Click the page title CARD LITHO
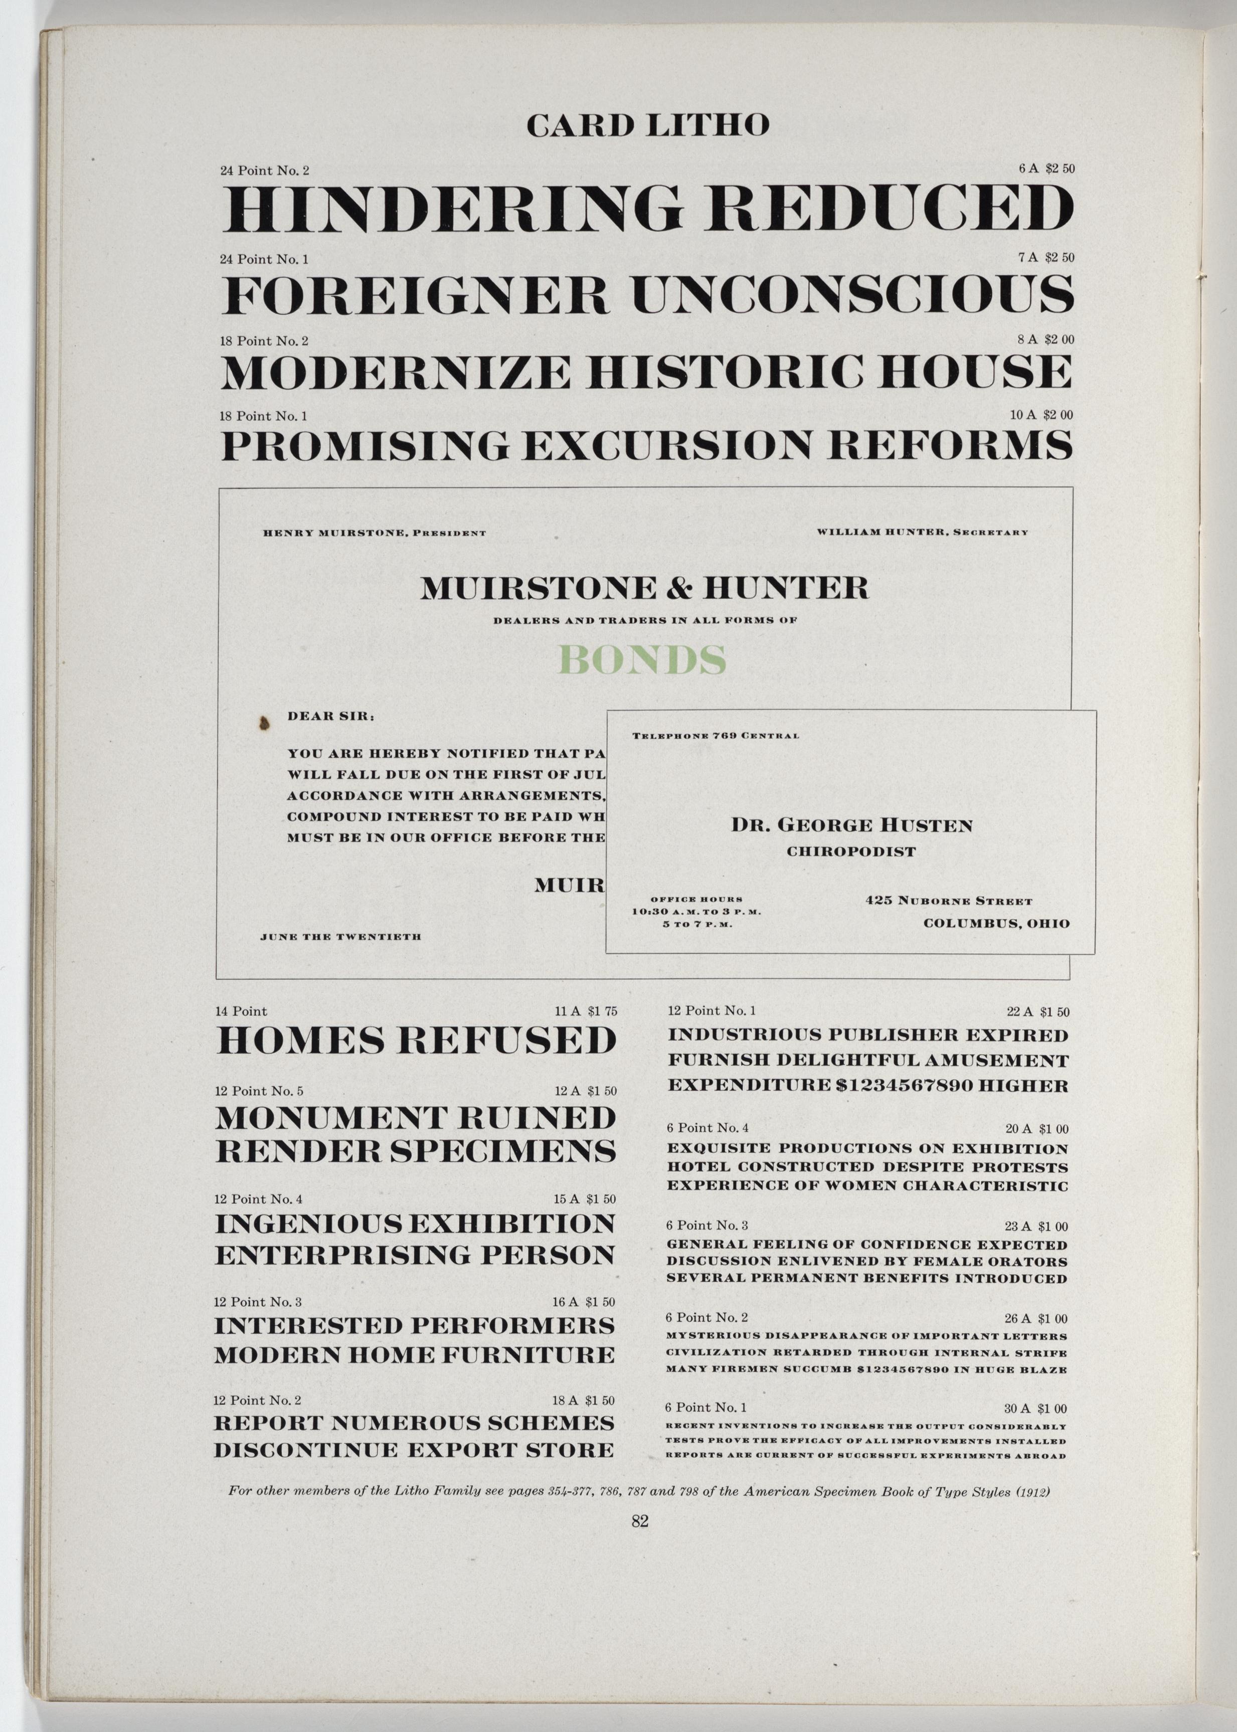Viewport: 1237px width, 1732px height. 647,125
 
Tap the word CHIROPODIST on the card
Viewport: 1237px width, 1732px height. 851,851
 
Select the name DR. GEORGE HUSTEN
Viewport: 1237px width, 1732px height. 851,825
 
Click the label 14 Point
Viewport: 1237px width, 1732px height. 242,1011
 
